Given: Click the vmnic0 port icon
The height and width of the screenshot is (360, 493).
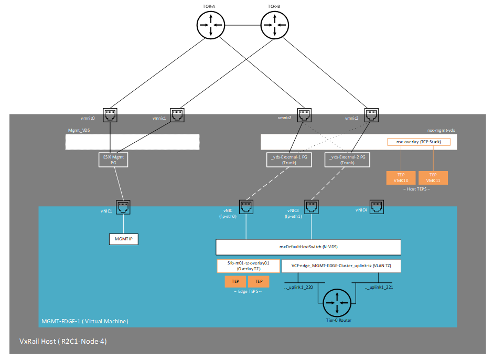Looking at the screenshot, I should (x=110, y=115).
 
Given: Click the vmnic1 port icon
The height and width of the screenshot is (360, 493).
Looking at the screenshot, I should (x=177, y=115).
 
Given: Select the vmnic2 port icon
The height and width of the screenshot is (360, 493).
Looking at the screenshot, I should (x=303, y=115).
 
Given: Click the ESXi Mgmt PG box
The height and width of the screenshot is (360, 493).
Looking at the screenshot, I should (x=113, y=160).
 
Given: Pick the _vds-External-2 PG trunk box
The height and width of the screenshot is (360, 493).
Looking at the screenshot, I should (x=347, y=160).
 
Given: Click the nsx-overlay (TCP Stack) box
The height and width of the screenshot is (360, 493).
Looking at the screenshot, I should (x=419, y=142).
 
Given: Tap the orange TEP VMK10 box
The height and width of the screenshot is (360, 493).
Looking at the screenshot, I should (x=401, y=178).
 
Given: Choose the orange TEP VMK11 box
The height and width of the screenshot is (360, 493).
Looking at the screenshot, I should (x=433, y=178).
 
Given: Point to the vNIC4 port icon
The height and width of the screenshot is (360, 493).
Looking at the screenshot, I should (x=377, y=207).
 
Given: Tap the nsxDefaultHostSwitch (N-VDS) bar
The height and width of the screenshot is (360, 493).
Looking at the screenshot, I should (x=308, y=247).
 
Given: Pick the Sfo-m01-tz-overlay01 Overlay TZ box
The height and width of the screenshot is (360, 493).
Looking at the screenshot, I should (x=248, y=266).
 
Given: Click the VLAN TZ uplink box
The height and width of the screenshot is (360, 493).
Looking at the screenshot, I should (x=341, y=266).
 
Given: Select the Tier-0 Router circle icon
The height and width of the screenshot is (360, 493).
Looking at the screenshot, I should (x=337, y=302).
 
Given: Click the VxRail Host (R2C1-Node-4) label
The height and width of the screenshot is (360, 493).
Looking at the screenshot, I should (x=63, y=341).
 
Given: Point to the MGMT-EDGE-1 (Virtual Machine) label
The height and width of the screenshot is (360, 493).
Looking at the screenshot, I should (x=84, y=321).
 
